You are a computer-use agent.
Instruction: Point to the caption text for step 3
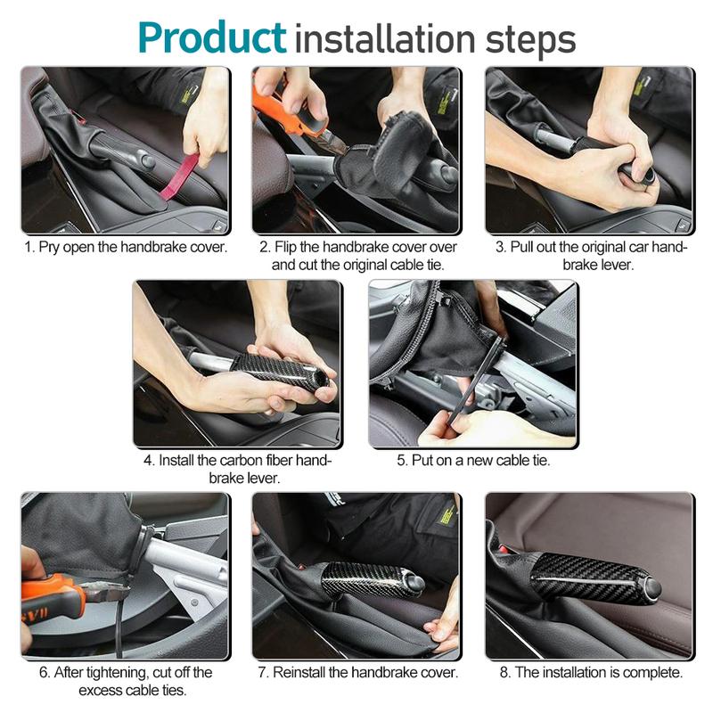(588, 255)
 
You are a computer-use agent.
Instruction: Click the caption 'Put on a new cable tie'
(473, 461)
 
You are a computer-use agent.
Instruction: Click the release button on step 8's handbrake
(654, 588)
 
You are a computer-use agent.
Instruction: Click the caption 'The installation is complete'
(588, 672)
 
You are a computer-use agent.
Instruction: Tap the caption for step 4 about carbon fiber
(237, 469)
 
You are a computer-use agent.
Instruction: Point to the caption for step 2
(356, 255)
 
